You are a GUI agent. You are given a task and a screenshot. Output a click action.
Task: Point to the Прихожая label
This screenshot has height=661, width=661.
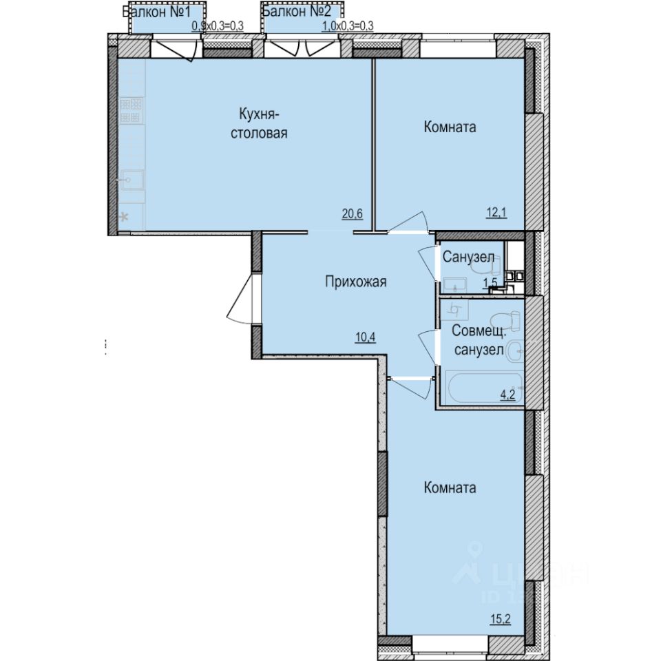point(356,281)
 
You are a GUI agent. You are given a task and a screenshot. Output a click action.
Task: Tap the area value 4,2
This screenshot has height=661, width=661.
point(508,395)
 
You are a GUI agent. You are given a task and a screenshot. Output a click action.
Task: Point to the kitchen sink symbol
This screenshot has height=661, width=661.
point(132,180)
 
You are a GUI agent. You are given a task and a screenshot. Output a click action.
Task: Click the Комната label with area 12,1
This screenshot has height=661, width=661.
point(450,127)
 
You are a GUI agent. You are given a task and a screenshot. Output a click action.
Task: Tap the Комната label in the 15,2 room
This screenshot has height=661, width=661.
point(450,487)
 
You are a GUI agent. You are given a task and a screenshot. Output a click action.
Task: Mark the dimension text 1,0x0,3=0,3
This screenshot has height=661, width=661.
point(348,26)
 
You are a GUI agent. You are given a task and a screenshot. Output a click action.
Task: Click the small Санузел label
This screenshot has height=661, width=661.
point(468,258)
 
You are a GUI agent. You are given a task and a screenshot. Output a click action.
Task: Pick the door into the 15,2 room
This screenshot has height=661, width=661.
point(412,386)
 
